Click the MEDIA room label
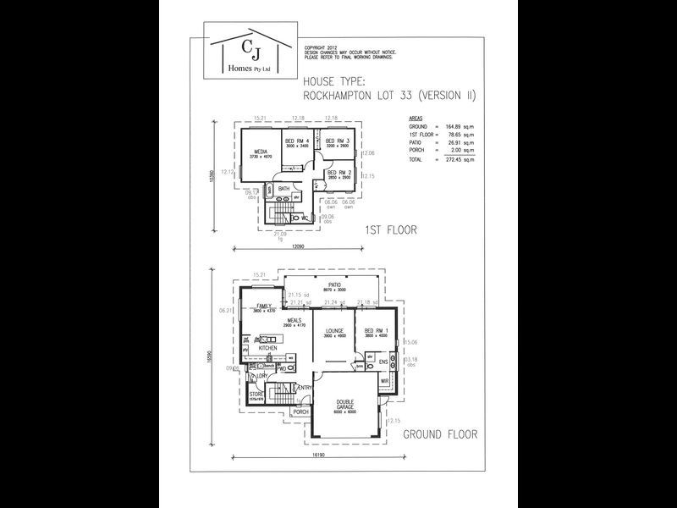(x=261, y=152)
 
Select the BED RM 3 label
(x=338, y=141)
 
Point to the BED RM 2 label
(x=338, y=173)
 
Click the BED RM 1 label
(x=375, y=331)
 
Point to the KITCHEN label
(x=268, y=348)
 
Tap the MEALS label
(x=293, y=320)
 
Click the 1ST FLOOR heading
(x=390, y=229)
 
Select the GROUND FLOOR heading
(x=439, y=434)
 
